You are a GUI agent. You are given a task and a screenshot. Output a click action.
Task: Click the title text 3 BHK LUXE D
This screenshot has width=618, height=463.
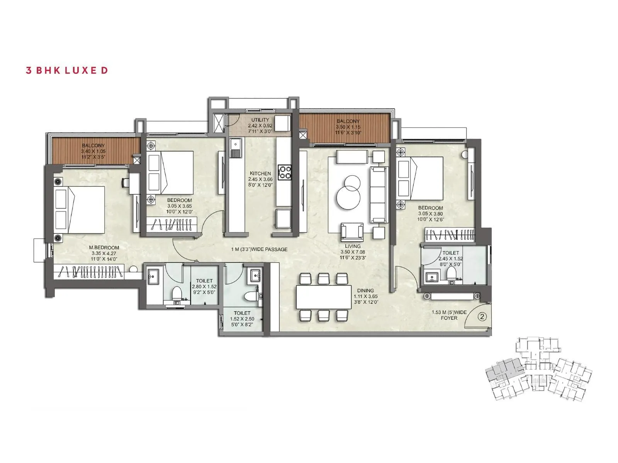click(66, 70)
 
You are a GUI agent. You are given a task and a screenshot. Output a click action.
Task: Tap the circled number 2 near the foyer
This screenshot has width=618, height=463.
click(482, 317)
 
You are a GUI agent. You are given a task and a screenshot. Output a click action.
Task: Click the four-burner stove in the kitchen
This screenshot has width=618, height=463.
click(286, 172)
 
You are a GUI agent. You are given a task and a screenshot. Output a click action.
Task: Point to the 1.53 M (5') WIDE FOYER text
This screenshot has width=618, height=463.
click(449, 315)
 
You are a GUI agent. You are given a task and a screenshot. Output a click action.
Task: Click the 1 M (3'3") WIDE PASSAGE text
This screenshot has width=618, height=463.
click(259, 249)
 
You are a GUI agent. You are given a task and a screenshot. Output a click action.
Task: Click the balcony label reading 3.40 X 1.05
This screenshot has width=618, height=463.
click(93, 152)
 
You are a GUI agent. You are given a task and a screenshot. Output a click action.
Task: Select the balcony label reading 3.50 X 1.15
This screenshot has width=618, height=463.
click(348, 127)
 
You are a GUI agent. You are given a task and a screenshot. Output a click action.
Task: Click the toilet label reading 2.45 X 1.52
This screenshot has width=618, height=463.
click(450, 259)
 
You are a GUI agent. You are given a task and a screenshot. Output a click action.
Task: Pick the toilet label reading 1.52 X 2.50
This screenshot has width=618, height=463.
click(242, 319)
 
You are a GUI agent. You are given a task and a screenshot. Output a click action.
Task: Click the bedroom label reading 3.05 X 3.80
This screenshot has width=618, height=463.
click(430, 214)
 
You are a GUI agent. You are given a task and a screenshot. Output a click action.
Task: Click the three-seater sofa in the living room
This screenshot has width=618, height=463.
click(379, 195)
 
